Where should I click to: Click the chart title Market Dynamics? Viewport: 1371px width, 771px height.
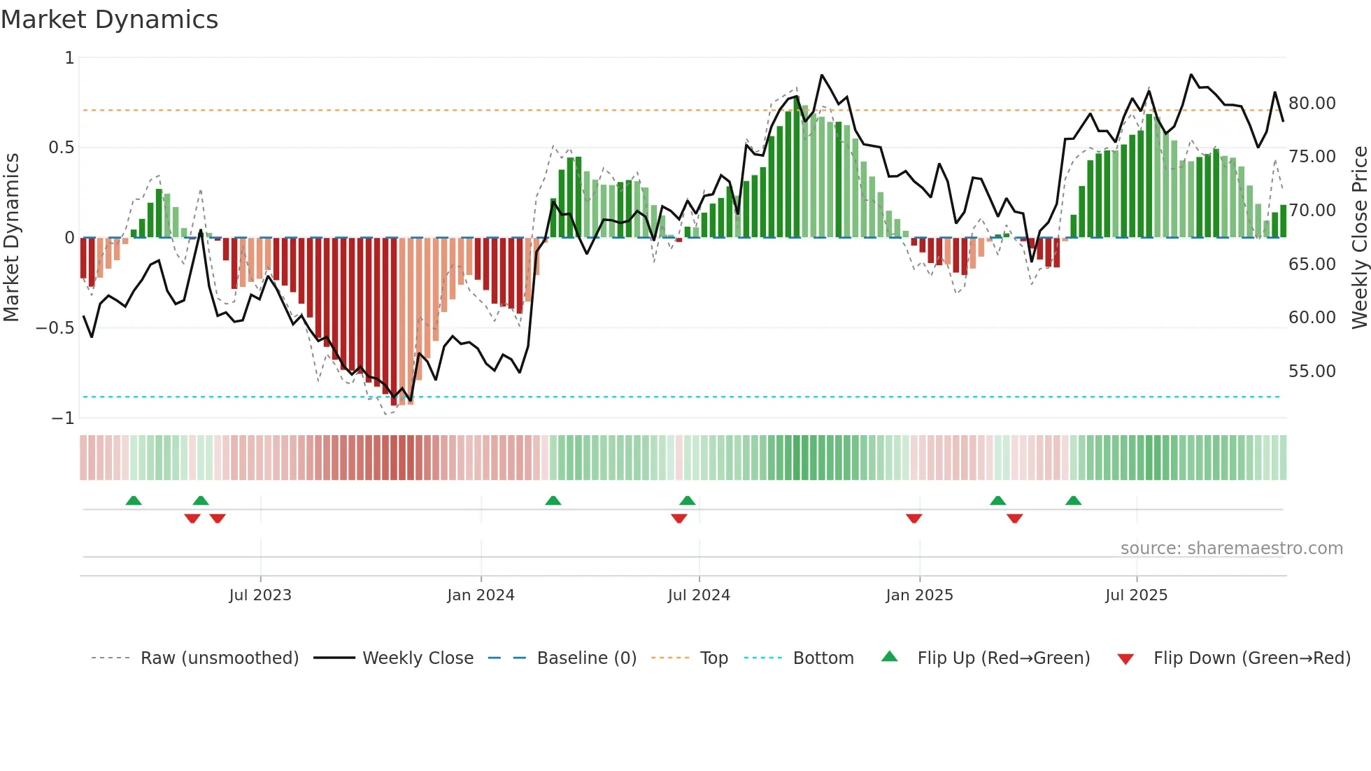[x=109, y=20]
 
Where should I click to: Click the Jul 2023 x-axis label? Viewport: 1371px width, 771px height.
[x=260, y=595]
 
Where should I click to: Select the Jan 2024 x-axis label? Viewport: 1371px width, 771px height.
[x=481, y=595]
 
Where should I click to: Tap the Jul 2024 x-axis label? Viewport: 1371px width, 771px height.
[x=699, y=595]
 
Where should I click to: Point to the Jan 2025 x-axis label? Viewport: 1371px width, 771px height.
[x=919, y=595]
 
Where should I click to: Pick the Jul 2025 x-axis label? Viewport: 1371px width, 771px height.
[x=1137, y=595]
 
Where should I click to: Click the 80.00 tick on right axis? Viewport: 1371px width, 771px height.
[x=1312, y=104]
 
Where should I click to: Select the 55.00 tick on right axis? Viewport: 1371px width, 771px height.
[x=1312, y=372]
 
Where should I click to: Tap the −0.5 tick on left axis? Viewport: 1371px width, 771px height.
[x=55, y=328]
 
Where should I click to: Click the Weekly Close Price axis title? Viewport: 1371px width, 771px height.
[x=1359, y=238]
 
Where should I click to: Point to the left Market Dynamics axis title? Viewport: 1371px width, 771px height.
[x=11, y=238]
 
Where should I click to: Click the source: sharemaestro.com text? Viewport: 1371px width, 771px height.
[x=1231, y=549]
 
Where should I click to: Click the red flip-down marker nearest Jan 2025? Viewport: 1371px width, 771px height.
[x=914, y=518]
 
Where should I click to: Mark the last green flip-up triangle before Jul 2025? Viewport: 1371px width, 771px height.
[x=1073, y=500]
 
